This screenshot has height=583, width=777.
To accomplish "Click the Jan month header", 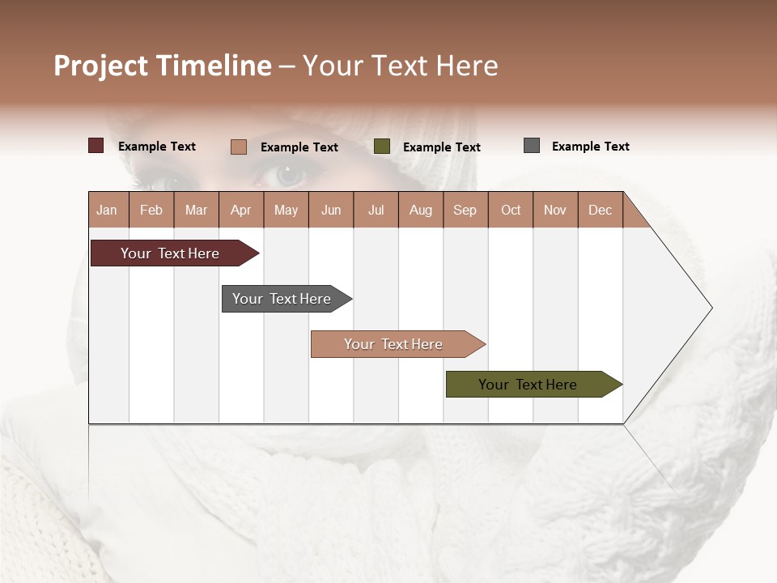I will coord(108,210).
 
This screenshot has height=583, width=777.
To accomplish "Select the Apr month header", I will coord(241,210).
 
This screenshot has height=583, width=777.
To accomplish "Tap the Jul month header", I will coord(376,210).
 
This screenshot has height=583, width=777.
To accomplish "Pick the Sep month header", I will coord(465,210).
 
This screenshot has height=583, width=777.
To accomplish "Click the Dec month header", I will coord(600,210).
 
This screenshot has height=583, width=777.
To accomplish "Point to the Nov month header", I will coord(555,210).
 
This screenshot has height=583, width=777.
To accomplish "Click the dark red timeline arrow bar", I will coord(170,253).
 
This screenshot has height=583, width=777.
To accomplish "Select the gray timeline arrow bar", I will coord(282,299).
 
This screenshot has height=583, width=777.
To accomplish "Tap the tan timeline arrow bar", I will coord(393,344).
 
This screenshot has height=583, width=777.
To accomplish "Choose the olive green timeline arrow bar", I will coord(528,385).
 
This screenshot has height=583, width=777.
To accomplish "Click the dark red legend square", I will coord(96,146).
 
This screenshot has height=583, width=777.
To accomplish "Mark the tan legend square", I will coord(239,147).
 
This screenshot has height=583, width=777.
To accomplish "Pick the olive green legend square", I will coord(382,147).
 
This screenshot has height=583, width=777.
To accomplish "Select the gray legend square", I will coord(532,146).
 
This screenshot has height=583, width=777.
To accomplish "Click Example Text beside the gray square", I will coord(590,147).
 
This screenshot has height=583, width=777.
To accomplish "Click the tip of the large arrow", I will coord(711,308).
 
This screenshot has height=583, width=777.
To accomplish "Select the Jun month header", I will coord(331,210).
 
